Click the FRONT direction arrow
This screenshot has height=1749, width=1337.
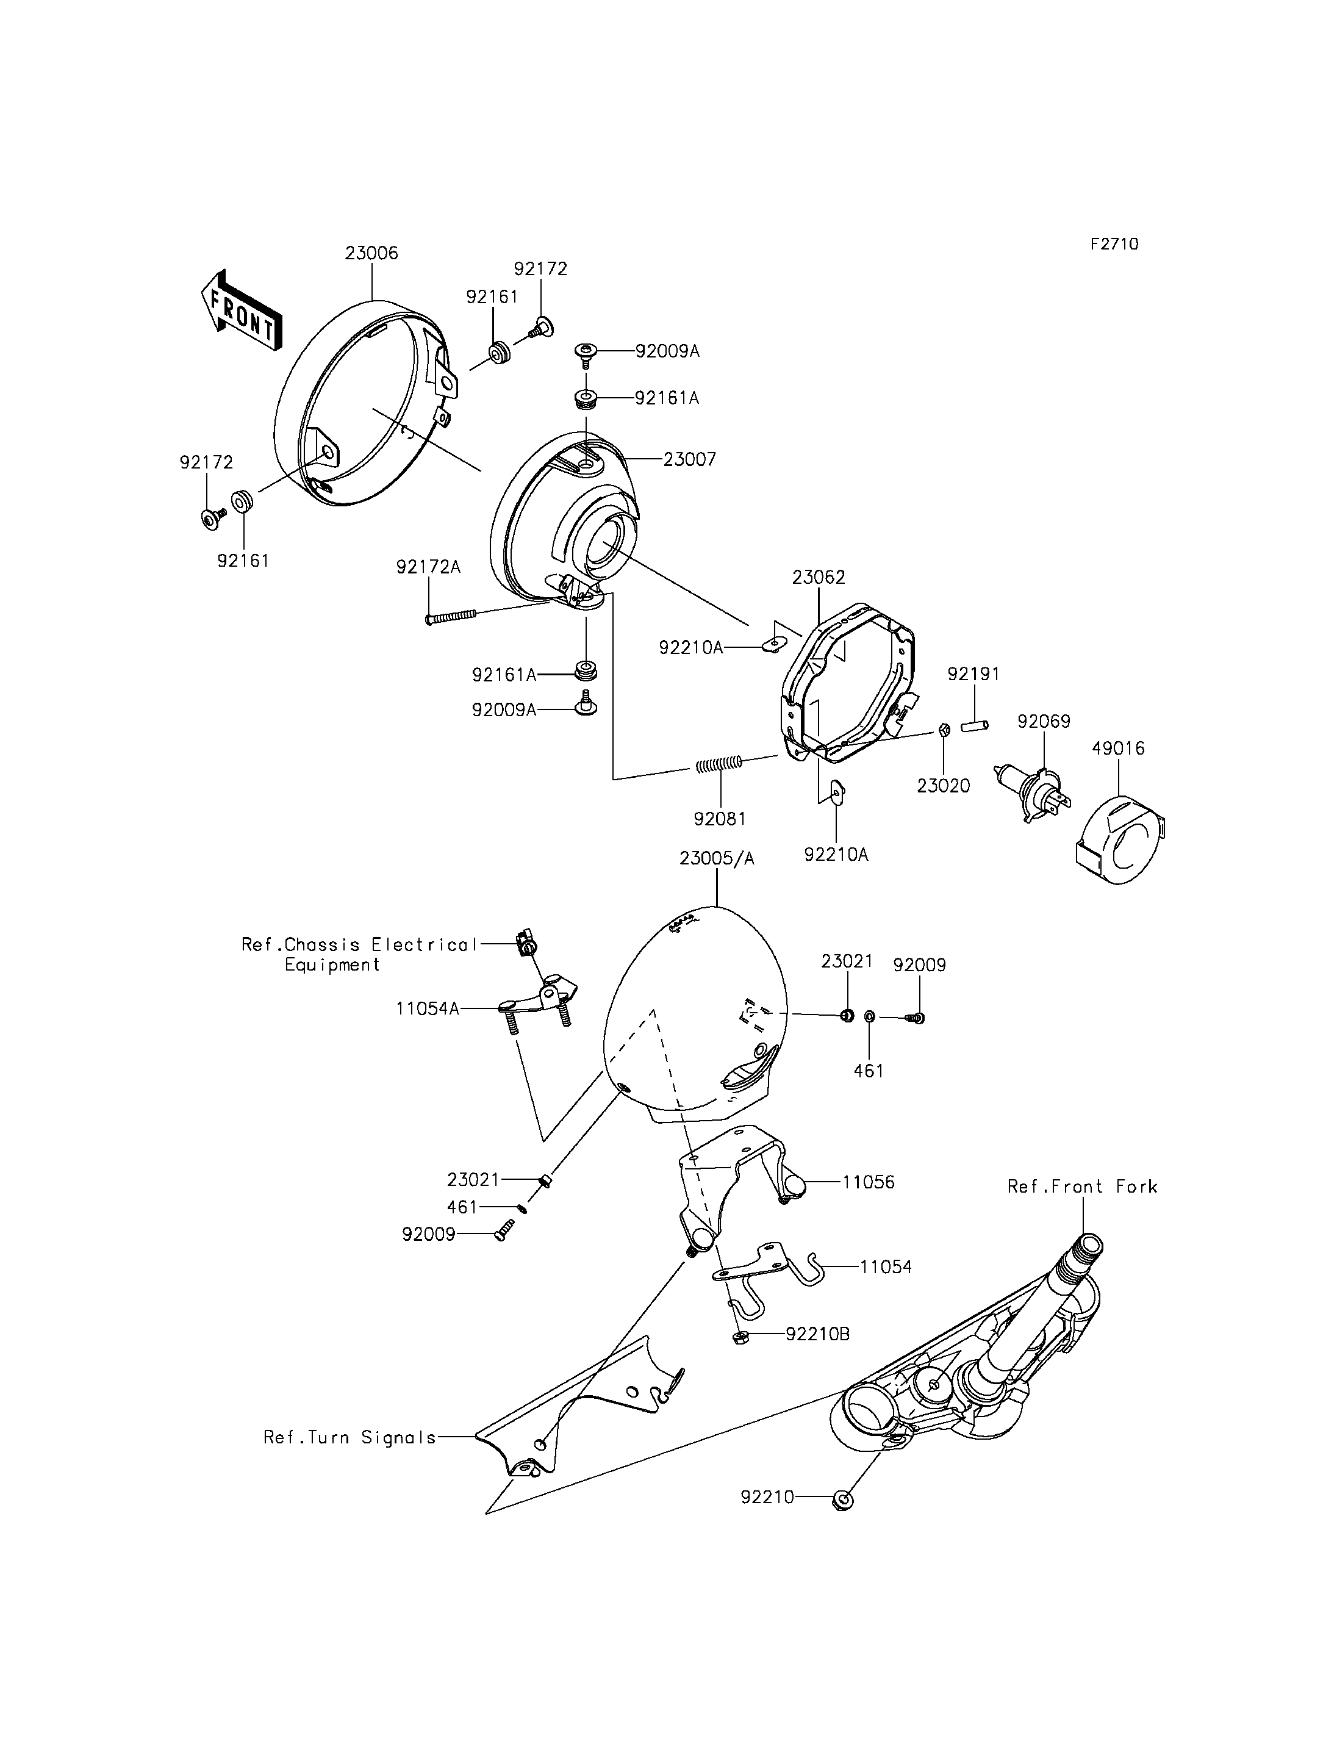pyautogui.click(x=241, y=311)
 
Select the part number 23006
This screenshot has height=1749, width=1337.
pyautogui.click(x=371, y=253)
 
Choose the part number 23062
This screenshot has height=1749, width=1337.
pyautogui.click(x=818, y=577)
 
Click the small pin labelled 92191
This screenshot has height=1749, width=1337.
pyautogui.click(x=974, y=725)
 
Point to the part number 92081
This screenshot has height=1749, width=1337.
pyautogui.click(x=720, y=819)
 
